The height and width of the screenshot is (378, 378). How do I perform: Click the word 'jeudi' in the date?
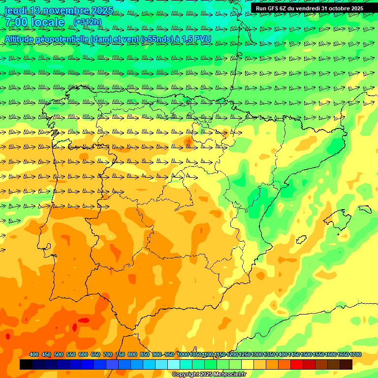click(16, 10)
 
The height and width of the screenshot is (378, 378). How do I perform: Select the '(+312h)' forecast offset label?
click(87, 22)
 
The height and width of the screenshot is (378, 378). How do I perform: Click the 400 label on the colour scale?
click(34, 354)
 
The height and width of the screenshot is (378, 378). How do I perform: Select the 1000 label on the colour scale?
click(183, 354)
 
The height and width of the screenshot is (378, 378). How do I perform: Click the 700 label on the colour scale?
click(108, 354)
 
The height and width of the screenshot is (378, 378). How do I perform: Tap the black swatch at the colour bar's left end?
click(26, 365)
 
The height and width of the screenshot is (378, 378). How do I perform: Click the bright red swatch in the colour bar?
click(297, 365)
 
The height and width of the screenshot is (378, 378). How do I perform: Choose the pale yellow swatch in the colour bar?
click(248, 365)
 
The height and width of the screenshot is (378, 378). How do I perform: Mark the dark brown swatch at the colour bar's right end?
click(346, 365)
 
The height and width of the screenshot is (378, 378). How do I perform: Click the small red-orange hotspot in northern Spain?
click(188, 142)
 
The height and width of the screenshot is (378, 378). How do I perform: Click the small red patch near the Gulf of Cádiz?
click(84, 321)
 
